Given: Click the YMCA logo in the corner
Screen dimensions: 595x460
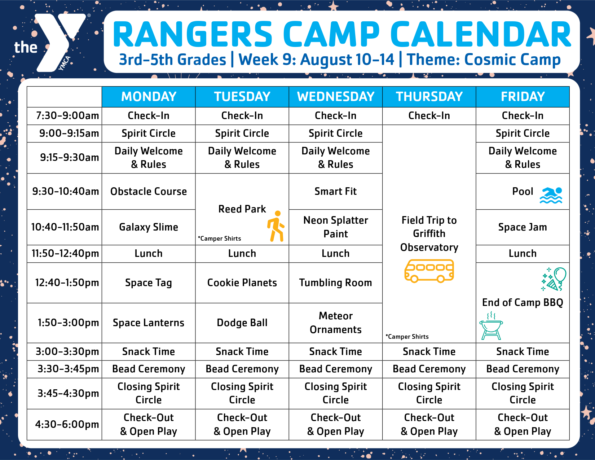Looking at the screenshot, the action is [50, 43].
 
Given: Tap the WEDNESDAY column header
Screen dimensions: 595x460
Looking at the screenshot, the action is [335, 97].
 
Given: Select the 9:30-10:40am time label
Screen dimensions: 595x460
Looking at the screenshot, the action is [65, 191].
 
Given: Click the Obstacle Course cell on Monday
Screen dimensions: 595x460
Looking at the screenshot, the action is [149, 191].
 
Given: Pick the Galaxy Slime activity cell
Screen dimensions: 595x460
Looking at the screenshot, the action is [149, 227].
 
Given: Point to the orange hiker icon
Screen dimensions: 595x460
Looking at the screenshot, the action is [276, 226].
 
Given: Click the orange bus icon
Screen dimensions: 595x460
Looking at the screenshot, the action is [429, 271].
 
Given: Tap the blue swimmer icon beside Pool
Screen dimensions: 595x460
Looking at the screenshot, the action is [551, 195].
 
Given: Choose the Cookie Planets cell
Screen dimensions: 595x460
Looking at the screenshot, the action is [242, 283].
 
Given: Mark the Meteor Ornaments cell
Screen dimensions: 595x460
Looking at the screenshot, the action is [335, 323].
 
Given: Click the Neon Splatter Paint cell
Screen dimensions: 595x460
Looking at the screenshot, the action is [335, 227].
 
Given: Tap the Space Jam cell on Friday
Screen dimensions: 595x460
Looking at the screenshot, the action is [523, 227].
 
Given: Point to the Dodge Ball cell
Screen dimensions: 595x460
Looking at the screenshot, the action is [242, 323].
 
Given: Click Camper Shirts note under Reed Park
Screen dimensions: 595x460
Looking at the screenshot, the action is [219, 238].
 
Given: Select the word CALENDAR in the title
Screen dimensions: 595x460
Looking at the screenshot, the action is [481, 35].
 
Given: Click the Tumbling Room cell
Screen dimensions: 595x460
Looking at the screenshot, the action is [335, 283].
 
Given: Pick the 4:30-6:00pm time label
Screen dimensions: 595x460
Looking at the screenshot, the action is [67, 424].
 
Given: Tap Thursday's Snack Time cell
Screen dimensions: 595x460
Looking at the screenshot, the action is [429, 351].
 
